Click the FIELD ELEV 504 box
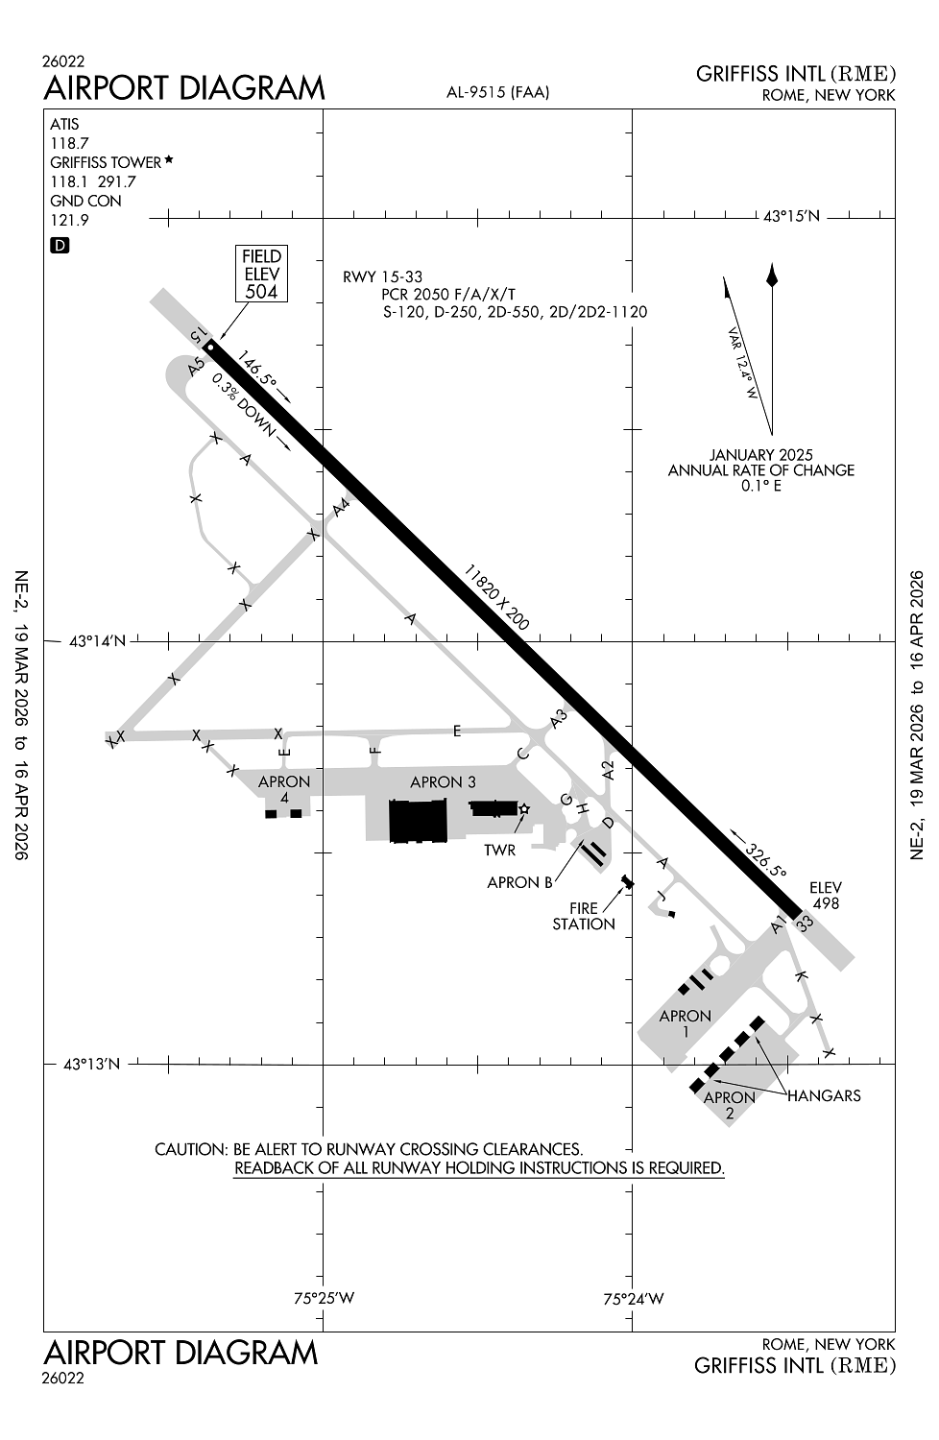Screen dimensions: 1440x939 click(x=261, y=273)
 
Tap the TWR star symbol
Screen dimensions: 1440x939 click(x=524, y=808)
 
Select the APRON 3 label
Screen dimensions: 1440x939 click(x=443, y=782)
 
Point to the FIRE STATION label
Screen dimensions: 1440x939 click(x=584, y=916)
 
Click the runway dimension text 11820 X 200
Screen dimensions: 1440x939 click(x=496, y=597)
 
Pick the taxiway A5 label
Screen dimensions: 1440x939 click(x=197, y=366)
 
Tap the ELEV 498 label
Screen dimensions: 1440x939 click(x=826, y=896)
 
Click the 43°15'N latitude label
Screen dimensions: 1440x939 click(x=791, y=217)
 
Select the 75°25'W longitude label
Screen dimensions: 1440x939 click(x=324, y=1299)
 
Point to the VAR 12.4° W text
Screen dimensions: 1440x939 click(x=743, y=366)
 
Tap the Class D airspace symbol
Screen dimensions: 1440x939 click(x=60, y=246)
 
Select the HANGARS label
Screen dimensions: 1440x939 click(x=824, y=1095)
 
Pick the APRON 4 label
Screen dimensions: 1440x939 click(x=284, y=789)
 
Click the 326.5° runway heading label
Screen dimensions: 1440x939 click(x=765, y=859)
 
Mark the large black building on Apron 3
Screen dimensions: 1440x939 click(x=418, y=822)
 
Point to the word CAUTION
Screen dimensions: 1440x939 click(x=190, y=1149)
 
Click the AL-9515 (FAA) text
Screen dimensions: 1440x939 click(x=497, y=92)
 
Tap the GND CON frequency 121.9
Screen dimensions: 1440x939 click(x=69, y=221)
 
